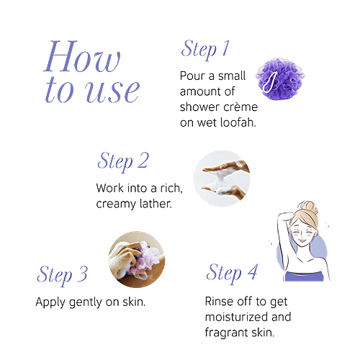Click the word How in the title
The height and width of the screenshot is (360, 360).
[81, 56]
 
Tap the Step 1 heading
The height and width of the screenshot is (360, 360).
[205, 49]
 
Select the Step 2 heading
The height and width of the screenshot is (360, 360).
[123, 161]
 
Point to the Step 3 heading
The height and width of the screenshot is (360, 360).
[62, 275]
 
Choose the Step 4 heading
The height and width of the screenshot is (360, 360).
[232, 273]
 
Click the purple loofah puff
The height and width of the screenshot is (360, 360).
[280, 78]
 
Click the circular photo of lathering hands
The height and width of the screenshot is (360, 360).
[222, 179]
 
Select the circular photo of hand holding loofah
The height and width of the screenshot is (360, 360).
[137, 259]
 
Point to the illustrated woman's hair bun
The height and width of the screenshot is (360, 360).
[309, 208]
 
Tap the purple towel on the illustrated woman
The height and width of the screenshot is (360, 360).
[304, 276]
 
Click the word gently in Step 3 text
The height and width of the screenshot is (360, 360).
[86, 302]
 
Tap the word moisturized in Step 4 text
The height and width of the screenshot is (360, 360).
[237, 317]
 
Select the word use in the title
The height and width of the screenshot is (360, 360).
[112, 92]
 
